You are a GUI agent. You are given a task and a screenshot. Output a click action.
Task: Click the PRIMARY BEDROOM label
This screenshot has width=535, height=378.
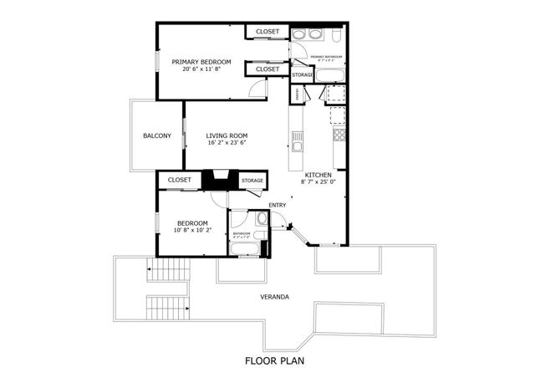point(201,62)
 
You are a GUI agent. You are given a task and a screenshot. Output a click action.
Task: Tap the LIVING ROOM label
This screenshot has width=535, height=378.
point(227,135)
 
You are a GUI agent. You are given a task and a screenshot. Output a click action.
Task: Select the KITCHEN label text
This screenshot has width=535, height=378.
point(318,174)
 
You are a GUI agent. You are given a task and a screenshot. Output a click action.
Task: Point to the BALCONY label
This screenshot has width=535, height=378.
point(156,136)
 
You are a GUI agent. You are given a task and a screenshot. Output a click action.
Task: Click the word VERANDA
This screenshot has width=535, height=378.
point(274,297)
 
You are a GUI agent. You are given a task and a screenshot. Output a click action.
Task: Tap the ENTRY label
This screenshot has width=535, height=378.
point(277,205)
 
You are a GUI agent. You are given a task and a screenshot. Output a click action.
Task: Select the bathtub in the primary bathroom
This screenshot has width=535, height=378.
point(328,75)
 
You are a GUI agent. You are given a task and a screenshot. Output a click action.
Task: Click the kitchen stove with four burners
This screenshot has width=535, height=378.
point(339,135)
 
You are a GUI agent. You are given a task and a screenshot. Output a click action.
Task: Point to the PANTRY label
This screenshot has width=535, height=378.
point(298,94)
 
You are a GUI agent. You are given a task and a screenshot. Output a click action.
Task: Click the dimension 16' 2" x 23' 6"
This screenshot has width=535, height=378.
point(227,143)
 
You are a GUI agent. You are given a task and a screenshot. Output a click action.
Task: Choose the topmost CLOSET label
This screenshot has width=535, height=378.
point(267,32)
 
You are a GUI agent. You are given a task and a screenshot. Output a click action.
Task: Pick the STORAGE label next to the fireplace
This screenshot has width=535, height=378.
point(252,181)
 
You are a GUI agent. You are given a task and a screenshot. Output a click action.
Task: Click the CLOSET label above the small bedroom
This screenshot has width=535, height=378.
point(180,180)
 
